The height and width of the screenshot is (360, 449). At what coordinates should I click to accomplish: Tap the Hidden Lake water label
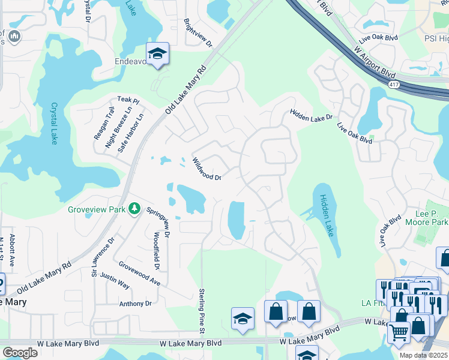tap(327, 215)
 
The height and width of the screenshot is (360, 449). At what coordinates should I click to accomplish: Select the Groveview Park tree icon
tap(136, 209)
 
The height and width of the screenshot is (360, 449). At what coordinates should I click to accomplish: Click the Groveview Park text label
tap(95, 209)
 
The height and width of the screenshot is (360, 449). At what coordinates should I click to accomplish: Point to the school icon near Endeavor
tap(158, 54)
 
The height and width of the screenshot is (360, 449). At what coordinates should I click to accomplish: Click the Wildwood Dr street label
tap(207, 169)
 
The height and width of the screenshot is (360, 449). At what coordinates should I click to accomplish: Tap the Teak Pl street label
tap(128, 101)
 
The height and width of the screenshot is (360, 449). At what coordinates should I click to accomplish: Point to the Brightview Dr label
tap(199, 32)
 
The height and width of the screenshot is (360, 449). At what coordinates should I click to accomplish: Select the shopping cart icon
tap(399, 332)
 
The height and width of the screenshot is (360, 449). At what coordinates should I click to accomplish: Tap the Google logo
tap(20, 353)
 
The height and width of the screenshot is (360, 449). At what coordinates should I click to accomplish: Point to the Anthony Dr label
tap(135, 304)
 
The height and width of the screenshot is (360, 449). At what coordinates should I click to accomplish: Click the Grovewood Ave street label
tap(139, 273)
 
